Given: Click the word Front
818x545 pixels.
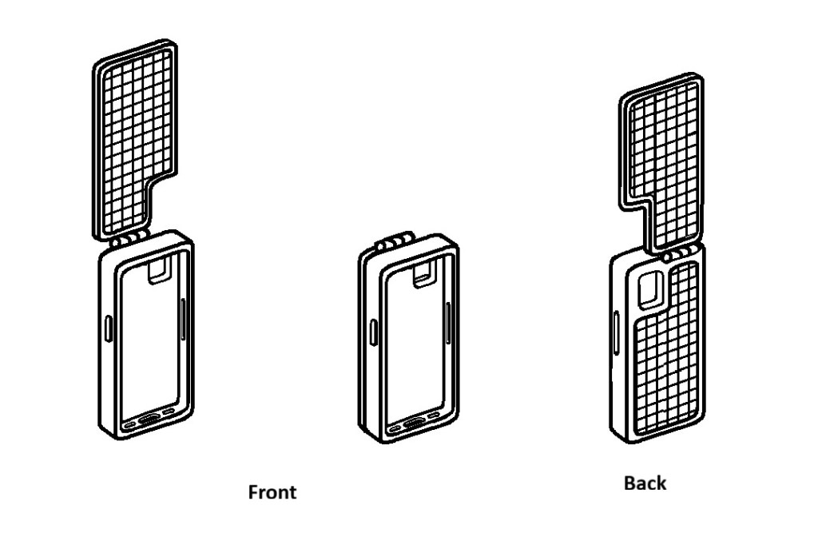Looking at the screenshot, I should pos(272,491).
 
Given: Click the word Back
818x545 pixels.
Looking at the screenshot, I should pos(645,483).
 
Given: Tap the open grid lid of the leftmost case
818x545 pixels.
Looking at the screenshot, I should pos(132,136).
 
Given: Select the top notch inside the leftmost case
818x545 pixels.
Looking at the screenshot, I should pos(160,269).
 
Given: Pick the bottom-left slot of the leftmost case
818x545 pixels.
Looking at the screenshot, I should pos(129,423).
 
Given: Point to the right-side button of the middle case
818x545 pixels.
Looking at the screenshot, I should pos(447,324).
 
